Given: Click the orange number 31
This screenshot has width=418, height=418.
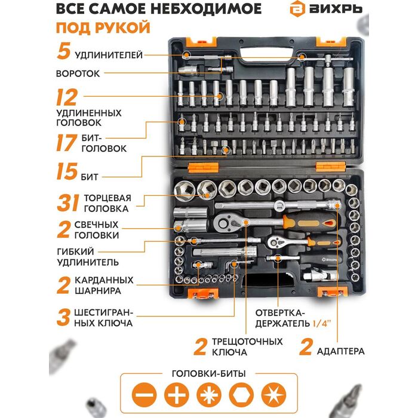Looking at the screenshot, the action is (67, 202).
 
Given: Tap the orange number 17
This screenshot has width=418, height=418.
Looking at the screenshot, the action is (66, 143).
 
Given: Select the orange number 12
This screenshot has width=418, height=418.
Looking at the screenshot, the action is (67, 97).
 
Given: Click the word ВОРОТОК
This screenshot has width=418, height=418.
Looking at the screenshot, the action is (78, 73).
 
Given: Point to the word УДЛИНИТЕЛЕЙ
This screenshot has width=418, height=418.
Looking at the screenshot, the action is (109, 55).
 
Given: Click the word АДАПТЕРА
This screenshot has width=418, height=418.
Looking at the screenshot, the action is (340, 351).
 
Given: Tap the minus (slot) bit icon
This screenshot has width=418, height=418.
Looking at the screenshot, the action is (145, 395).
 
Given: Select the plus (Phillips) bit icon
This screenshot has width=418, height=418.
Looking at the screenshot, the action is (177, 395).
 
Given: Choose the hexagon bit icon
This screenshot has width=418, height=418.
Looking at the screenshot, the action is (241, 395).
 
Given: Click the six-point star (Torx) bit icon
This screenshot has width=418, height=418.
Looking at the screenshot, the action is (273, 395).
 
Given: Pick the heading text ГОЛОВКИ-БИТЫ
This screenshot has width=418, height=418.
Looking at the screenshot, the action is (209, 373).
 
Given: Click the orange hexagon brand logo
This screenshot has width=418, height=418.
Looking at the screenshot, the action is (297, 9).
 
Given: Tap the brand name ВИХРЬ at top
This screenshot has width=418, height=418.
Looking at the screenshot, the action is (336, 10).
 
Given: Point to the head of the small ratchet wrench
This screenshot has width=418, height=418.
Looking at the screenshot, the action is (275, 242).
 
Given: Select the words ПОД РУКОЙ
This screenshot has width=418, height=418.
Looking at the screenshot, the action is (103, 27).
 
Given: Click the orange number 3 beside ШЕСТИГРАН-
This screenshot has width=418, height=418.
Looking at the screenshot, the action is (63, 317).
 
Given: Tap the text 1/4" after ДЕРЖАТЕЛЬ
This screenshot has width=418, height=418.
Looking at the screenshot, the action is (321, 324).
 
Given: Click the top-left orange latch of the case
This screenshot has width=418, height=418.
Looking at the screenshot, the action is (201, 42).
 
